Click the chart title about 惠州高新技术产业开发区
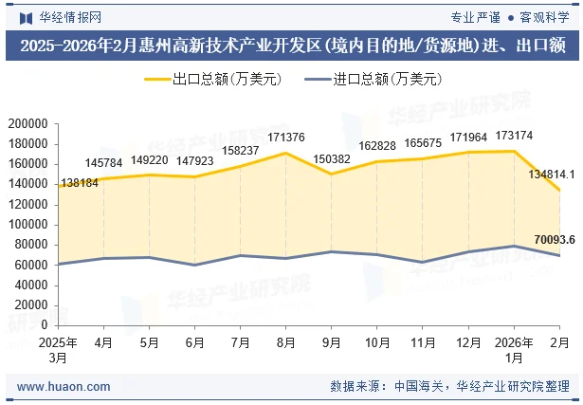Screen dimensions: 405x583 point(292,46)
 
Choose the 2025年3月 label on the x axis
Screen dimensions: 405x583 point(59,349)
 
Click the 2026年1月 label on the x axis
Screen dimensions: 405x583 point(513,349)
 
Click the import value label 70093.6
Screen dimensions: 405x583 point(555,239)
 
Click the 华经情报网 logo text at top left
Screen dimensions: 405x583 point(68,17)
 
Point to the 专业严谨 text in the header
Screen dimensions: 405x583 point(475,17)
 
